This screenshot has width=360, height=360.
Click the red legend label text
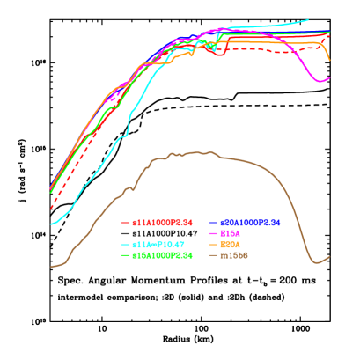coord(162,222)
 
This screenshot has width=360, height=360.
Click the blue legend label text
coord(250,222)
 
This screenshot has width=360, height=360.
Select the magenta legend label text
coord(230,232)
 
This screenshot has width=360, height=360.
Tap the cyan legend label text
coord(158,244)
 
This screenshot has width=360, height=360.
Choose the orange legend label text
coord(230,244)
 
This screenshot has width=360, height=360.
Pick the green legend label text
coord(162,254)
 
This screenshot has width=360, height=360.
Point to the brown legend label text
coord(234,254)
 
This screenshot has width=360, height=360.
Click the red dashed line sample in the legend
coord(125,222)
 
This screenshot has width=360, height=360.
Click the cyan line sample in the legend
coord(125,244)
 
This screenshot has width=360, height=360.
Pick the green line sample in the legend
coord(125,254)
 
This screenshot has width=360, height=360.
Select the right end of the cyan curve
coord(309,19)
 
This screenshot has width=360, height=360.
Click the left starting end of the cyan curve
coord(51,224)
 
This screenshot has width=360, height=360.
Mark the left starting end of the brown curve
coord(51,266)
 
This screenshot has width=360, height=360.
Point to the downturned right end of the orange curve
coord(329,59)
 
